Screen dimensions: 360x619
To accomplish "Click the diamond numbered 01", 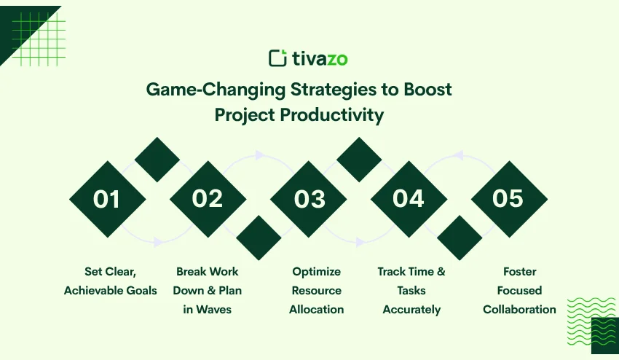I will (107, 199).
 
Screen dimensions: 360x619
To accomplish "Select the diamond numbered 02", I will (208, 199).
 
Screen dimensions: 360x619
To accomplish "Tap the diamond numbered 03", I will (308, 199).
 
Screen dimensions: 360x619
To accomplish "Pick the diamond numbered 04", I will (409, 199).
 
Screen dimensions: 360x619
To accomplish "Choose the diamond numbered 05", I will (508, 199).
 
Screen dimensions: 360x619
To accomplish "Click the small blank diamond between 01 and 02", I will (157, 159).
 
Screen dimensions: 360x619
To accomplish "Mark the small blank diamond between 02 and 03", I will (259, 238).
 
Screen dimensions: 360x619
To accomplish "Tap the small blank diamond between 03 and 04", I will (358, 159).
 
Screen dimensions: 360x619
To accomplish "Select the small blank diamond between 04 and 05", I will (459, 238).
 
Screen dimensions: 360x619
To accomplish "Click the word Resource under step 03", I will (317, 291).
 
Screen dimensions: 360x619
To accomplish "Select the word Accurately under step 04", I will (411, 310).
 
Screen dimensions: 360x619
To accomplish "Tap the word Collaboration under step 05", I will (519, 310).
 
